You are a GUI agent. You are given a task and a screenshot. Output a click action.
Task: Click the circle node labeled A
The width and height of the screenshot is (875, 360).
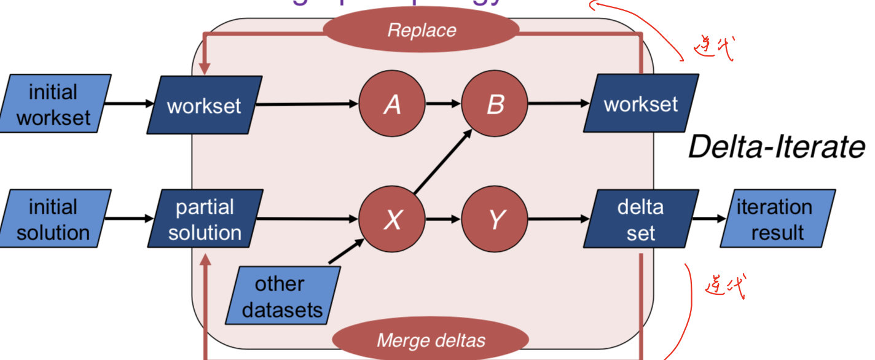392,104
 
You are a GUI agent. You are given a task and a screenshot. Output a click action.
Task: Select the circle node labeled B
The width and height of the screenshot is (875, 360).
495,104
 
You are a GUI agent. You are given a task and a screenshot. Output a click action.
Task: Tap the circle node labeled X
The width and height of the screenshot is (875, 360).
392,219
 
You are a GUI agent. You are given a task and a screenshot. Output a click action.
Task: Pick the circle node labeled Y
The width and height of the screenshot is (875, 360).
495,219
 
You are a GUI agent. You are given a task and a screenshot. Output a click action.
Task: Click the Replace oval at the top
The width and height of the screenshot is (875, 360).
422,30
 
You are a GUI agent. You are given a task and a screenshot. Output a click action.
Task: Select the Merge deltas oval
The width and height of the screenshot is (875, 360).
430,340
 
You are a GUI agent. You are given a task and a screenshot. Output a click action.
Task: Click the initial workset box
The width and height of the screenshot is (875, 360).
55,104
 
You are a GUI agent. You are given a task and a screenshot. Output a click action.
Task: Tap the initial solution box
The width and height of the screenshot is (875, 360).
55,219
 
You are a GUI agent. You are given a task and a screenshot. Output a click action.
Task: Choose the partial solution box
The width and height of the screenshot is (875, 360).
205,219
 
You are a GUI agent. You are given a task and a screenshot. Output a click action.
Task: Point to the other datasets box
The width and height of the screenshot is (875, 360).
283,296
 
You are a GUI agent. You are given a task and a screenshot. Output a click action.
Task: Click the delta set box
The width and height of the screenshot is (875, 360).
641,219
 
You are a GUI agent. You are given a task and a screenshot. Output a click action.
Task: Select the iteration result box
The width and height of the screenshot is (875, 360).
778,219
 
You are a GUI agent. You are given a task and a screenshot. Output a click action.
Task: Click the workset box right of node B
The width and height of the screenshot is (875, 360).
641,104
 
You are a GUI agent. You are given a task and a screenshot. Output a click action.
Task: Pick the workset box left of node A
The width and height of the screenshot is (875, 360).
205,105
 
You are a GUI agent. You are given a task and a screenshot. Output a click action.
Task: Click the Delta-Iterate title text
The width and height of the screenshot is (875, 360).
775,147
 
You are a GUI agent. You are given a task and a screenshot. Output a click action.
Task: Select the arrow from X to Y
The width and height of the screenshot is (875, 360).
442,219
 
